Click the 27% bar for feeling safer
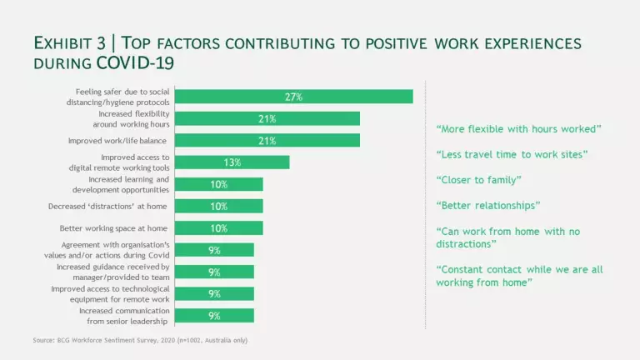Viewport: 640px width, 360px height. tap(295, 97)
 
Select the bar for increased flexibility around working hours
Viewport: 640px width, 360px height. tap(268, 118)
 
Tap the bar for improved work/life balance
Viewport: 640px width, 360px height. tap(268, 140)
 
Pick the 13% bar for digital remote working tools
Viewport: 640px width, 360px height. tap(233, 162)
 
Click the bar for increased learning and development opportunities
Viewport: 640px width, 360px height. tap(220, 184)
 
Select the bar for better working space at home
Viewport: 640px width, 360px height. tap(220, 227)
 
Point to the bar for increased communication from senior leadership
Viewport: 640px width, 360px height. tap(215, 315)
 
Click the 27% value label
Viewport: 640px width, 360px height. tap(293, 97)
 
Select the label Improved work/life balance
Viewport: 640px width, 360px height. tap(117, 141)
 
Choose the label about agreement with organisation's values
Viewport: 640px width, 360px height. tap(122, 249)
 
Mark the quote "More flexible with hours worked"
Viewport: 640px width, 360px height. tap(518, 128)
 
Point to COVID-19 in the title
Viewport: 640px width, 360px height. tap(135, 62)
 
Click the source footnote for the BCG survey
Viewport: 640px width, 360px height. tap(140, 340)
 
